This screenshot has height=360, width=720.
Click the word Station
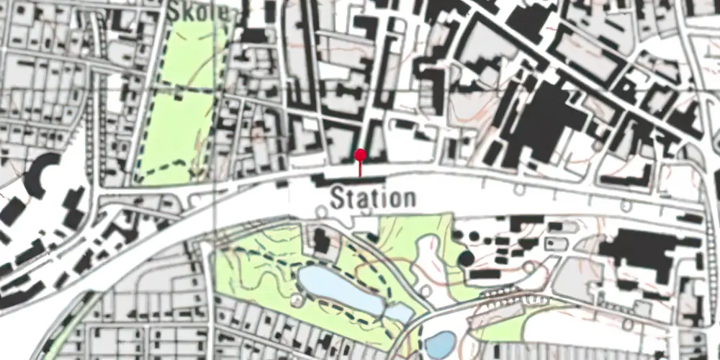coord(373,198)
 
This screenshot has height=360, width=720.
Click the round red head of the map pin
coord(361,154)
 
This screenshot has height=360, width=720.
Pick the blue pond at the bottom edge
coord(441,344)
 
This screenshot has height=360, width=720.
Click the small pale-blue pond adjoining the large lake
coord(398,312)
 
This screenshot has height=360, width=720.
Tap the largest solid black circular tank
coord(466,258)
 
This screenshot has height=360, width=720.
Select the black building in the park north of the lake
coord(322,240)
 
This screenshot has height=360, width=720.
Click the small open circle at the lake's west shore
coord(297,297)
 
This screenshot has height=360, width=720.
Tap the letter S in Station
coord(337,198)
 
